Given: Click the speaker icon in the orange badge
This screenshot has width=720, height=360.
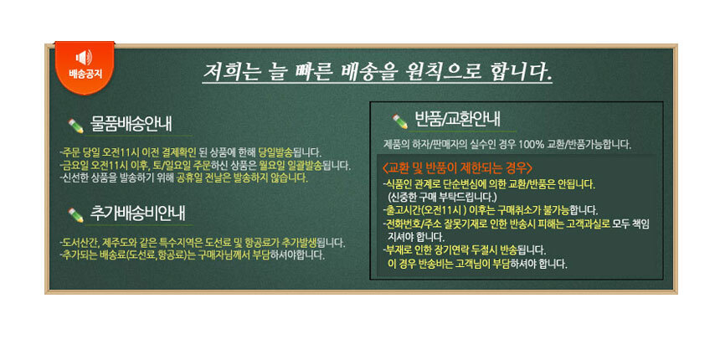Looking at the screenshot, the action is [x=84, y=58].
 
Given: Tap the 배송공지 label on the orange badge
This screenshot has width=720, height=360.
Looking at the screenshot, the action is [x=85, y=74].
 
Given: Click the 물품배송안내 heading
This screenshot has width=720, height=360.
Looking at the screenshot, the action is [x=131, y=124].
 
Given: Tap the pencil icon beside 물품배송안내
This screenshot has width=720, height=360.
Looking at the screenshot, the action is [x=75, y=126].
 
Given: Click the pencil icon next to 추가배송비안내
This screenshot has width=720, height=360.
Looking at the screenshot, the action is [x=75, y=215].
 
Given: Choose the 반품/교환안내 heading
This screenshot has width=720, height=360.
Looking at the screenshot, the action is [x=457, y=120].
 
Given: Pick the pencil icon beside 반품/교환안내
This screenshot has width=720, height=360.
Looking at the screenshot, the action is [x=399, y=121].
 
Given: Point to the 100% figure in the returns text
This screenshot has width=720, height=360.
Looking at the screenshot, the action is [x=532, y=144].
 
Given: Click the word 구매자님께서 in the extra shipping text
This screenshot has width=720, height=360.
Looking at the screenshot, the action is [x=224, y=255].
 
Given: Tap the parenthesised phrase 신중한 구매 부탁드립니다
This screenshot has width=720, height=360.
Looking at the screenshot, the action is [x=442, y=198].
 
